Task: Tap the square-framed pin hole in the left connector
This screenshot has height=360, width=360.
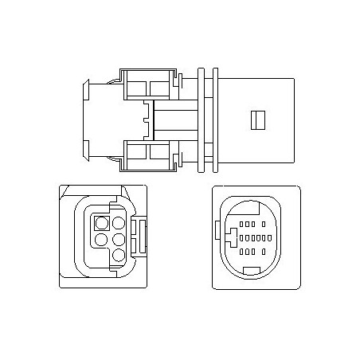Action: point(102,224)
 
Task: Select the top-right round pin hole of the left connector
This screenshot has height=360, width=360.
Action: point(117,224)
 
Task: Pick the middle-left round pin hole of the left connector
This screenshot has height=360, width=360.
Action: point(101,239)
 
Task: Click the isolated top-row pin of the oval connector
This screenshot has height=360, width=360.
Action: point(264,222)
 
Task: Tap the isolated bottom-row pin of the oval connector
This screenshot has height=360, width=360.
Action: point(264,252)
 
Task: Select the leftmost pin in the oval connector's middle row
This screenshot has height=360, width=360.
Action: point(241,237)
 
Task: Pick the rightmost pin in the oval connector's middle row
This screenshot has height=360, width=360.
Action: point(263,237)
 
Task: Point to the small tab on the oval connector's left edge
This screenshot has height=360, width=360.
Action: point(217,233)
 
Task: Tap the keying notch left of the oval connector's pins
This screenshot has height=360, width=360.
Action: point(231,237)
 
